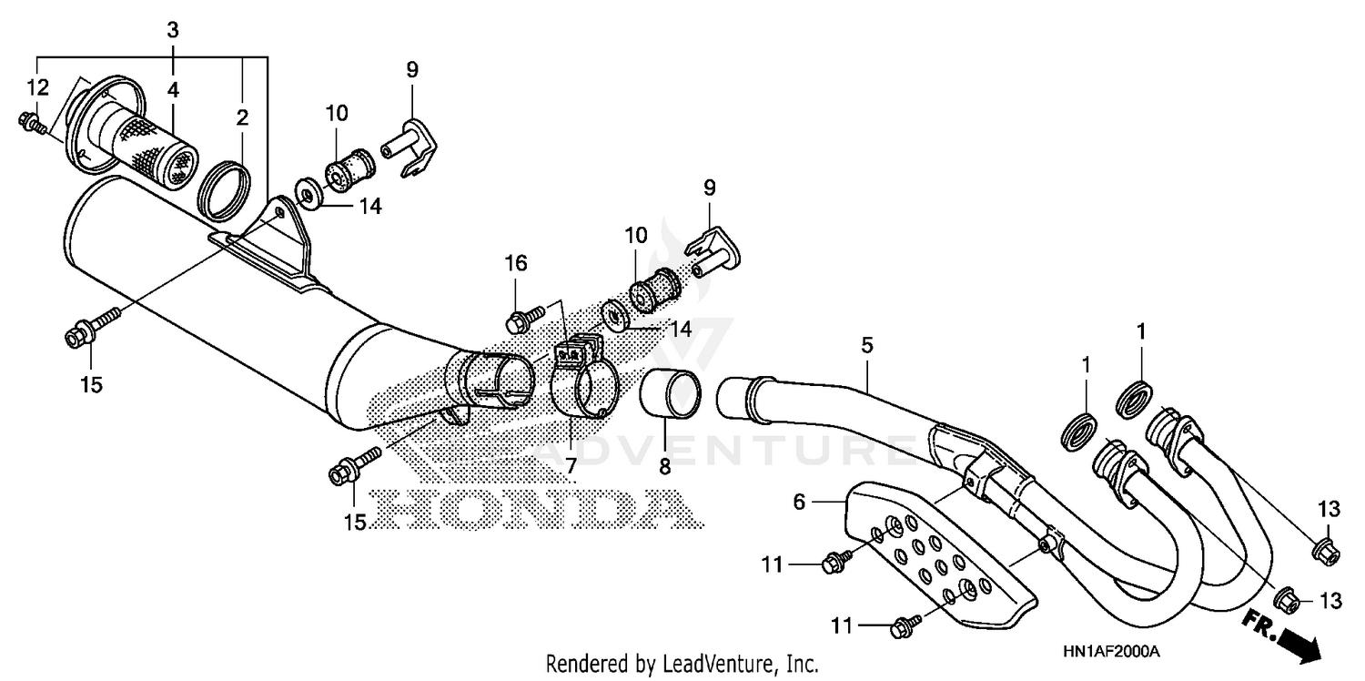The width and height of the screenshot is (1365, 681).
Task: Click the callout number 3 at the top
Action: (x=172, y=29)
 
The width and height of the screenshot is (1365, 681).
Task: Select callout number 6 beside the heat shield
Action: (x=800, y=501)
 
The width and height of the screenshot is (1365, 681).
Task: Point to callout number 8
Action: (x=664, y=467)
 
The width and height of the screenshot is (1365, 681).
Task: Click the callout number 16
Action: (x=516, y=264)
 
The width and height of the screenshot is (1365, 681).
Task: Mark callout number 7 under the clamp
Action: (x=571, y=465)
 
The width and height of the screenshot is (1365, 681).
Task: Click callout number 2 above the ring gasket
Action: (x=242, y=117)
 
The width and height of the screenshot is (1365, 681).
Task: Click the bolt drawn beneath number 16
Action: (x=524, y=318)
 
